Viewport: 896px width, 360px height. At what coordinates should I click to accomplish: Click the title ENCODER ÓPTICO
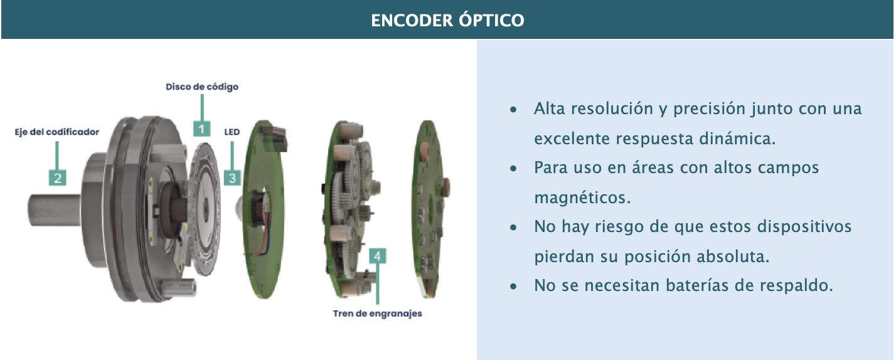coord(447,21)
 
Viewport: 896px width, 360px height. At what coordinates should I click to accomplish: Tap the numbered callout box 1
coord(201,129)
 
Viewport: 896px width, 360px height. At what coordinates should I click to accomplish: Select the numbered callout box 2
coord(57,177)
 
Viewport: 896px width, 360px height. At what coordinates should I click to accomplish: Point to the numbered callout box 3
coord(232,177)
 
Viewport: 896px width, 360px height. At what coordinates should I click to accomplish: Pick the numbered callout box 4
coord(378,256)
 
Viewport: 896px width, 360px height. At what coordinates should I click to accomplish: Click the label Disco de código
coord(202,87)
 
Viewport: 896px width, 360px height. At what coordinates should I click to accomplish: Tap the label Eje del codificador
coord(57,132)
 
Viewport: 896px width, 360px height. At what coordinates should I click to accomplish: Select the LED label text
coord(232,132)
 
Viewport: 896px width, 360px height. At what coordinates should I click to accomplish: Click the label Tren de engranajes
coord(378,314)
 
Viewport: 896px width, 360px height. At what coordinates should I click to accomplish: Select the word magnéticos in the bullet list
coord(582,198)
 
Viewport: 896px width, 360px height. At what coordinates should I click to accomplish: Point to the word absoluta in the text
coord(733,257)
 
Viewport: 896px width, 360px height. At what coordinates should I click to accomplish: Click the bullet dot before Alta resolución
coord(513,109)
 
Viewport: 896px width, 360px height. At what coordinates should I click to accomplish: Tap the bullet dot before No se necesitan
coord(513,287)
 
